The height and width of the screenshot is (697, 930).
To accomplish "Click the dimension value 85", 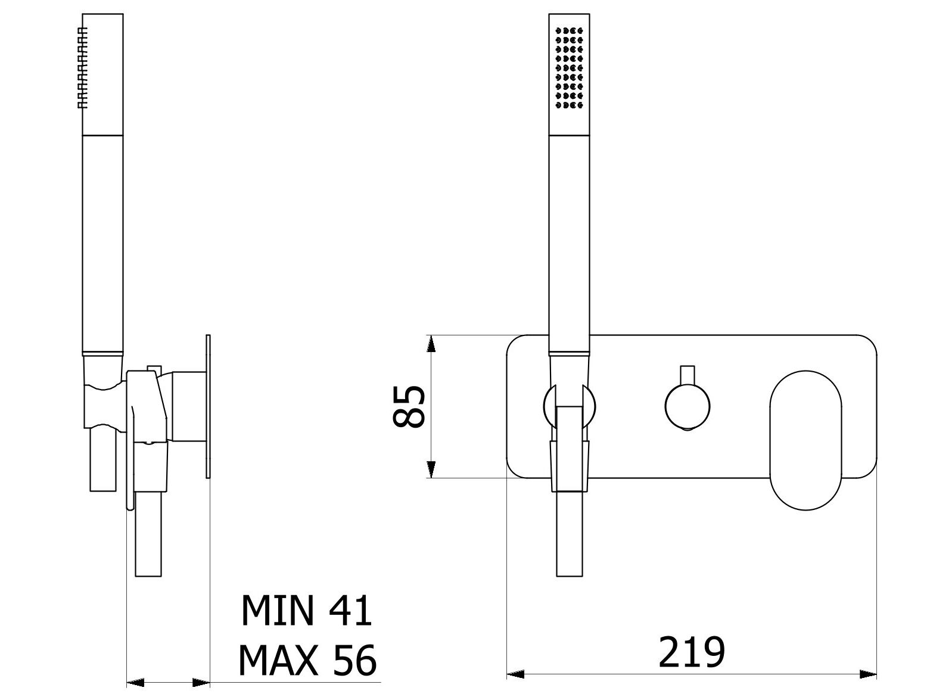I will point(409,406).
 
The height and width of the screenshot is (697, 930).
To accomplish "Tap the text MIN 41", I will point(306,610).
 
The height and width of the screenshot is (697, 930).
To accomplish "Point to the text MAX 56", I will point(307,660).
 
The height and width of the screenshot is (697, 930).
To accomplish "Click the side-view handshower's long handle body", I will point(102,244).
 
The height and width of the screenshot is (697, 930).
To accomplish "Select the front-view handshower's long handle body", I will point(569,244).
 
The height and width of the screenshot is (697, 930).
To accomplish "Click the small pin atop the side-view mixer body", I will point(154,367).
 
